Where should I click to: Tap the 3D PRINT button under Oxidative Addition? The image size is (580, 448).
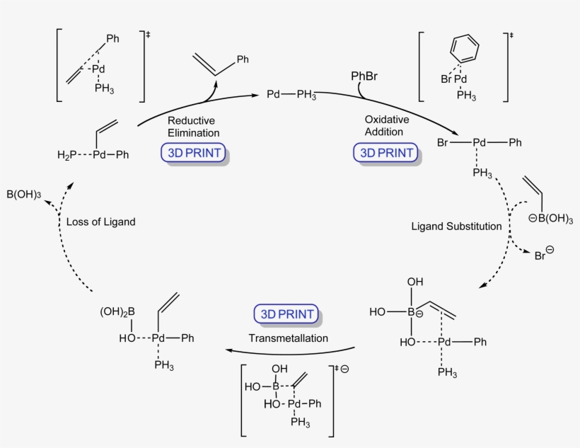384,152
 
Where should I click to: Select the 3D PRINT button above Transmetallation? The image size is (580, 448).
285,314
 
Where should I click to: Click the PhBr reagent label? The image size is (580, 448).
365,76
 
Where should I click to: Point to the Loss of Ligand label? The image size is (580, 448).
100,222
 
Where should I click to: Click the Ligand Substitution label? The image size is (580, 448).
456,226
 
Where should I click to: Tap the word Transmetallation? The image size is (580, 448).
288,338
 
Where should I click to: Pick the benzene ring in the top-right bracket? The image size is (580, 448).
464,50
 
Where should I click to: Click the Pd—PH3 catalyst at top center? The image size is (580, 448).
291,94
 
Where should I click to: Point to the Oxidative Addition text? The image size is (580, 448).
384,125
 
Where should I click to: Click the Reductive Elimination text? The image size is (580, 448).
193,126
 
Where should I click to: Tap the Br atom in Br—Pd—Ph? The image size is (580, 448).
443,143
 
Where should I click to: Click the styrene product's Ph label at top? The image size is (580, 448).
243,60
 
